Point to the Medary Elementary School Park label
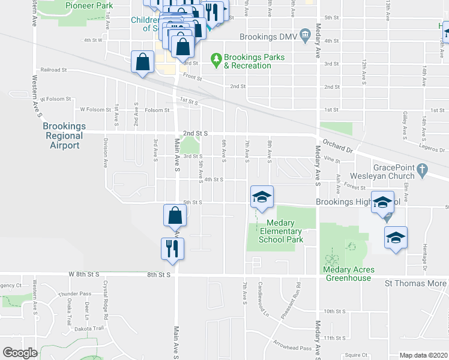[280, 231]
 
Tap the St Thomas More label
[415, 283]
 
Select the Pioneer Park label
[89, 5]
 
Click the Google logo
[20, 353]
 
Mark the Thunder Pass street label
[79, 293]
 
